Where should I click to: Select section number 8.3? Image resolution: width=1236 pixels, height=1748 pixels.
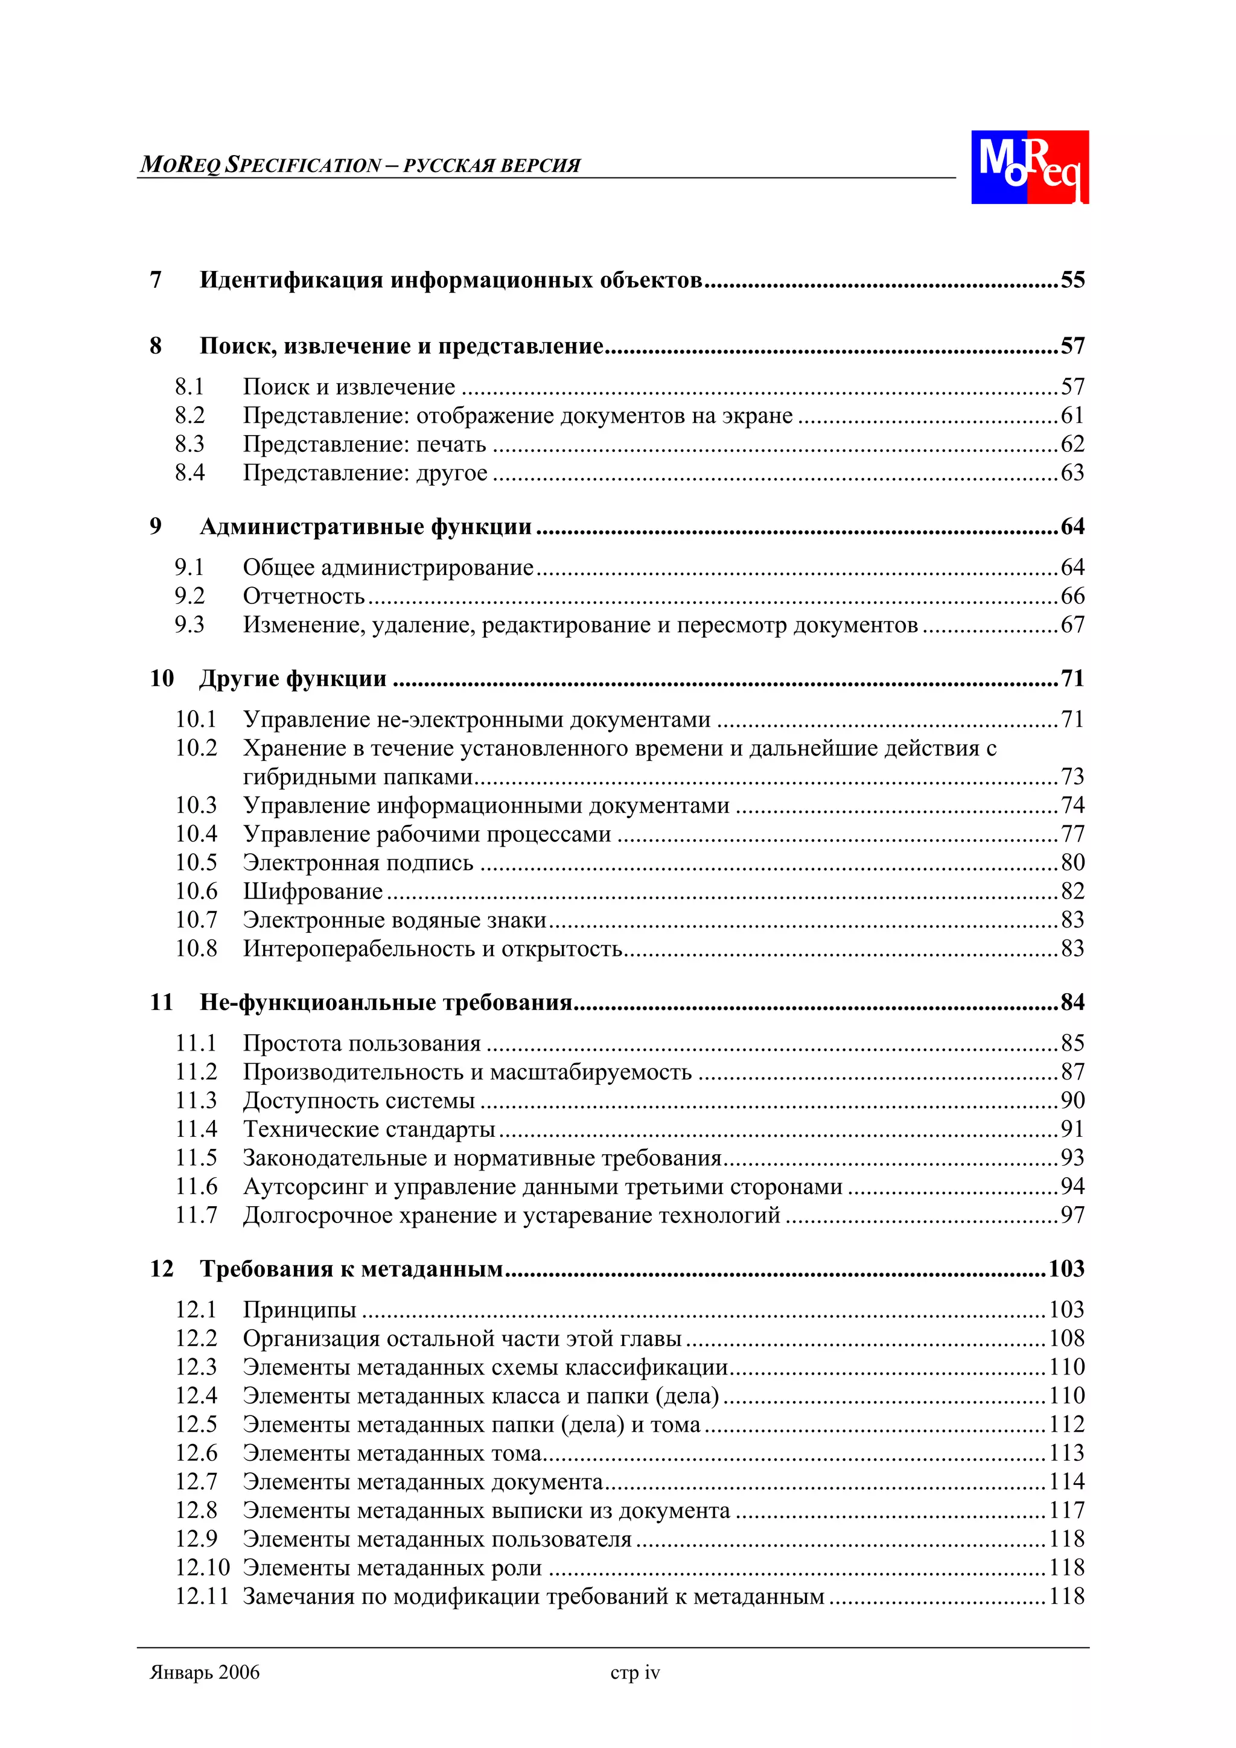pyautogui.click(x=190, y=444)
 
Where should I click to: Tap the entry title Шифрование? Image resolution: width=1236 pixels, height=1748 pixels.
pyautogui.click(x=312, y=892)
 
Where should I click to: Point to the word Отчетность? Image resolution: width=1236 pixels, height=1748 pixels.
pyautogui.click(x=303, y=596)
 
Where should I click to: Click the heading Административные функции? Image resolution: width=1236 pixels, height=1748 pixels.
pyautogui.click(x=366, y=527)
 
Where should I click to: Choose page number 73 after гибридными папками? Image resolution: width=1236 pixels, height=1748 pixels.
pyautogui.click(x=1071, y=777)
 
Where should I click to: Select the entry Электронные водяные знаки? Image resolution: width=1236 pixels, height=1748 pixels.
pyautogui.click(x=395, y=920)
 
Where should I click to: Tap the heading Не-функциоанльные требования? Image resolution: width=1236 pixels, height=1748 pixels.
pyautogui.click(x=386, y=1003)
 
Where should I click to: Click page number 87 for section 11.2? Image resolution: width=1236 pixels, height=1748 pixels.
pyautogui.click(x=1071, y=1072)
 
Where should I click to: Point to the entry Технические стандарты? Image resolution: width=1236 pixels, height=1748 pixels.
pyautogui.click(x=369, y=1129)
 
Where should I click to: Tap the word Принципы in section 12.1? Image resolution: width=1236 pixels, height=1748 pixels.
pyautogui.click(x=299, y=1310)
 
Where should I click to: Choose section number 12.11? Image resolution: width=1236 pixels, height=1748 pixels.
pyautogui.click(x=201, y=1597)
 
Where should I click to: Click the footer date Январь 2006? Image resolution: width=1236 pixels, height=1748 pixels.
pyautogui.click(x=204, y=1673)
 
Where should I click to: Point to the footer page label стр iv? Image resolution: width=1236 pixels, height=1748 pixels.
pyautogui.click(x=634, y=1673)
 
